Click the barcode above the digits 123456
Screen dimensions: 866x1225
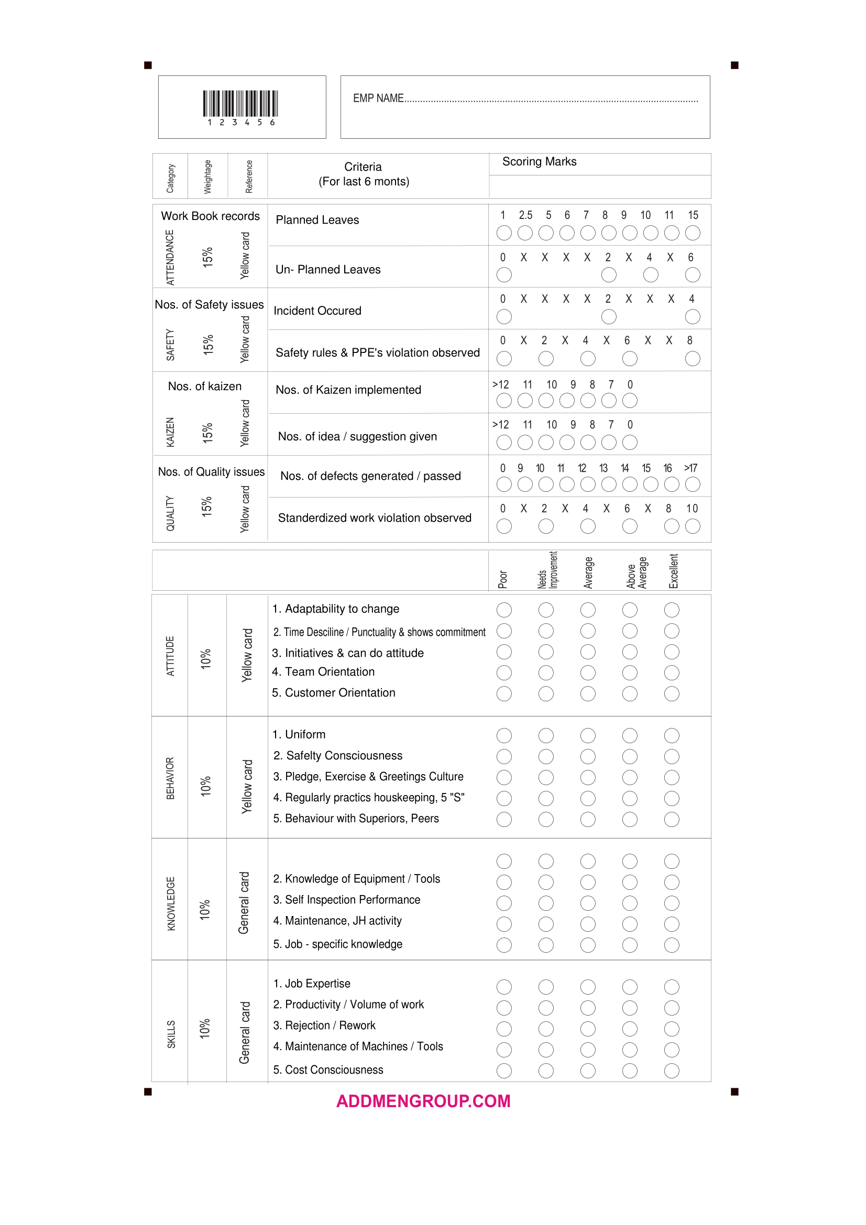click(x=240, y=104)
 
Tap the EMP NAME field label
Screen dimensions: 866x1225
click(x=378, y=98)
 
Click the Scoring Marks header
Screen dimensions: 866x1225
click(x=539, y=162)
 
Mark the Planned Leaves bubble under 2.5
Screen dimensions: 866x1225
click(x=525, y=233)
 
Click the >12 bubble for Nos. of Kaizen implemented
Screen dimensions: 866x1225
click(x=503, y=400)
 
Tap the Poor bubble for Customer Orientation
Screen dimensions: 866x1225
click(x=503, y=693)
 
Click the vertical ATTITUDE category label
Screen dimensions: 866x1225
click(x=170, y=656)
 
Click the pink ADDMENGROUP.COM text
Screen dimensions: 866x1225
click(x=423, y=1101)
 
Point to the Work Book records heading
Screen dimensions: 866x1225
click(x=210, y=216)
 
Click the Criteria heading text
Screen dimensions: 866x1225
click(x=363, y=167)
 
